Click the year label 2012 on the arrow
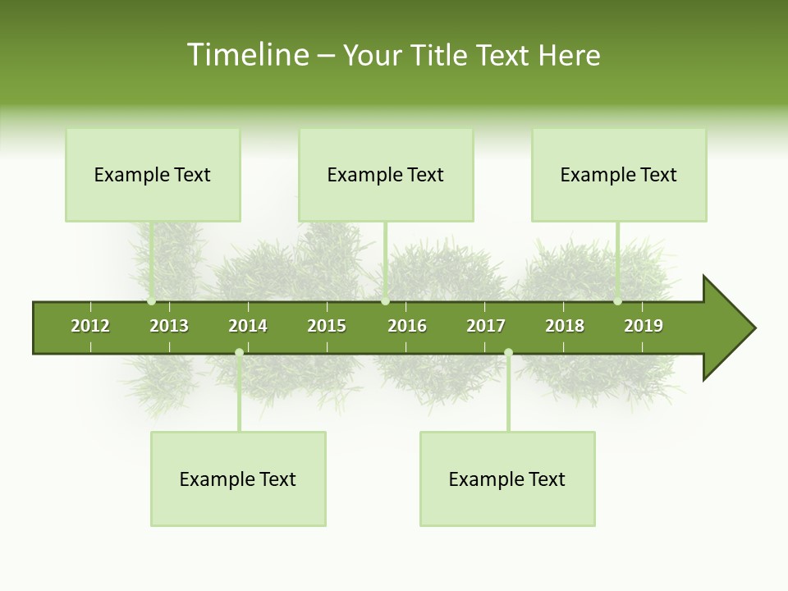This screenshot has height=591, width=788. pyautogui.click(x=90, y=326)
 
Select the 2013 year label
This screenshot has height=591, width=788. pyautogui.click(x=169, y=326)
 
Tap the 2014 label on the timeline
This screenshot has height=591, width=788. pyautogui.click(x=248, y=326)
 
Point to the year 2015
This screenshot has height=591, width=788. pyautogui.click(x=327, y=326)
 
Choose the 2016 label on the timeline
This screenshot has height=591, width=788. pyautogui.click(x=407, y=326)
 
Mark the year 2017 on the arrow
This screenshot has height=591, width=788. pyautogui.click(x=486, y=326)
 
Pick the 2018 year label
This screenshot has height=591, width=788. pyautogui.click(x=565, y=326)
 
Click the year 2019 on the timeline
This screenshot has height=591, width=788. pyautogui.click(x=644, y=326)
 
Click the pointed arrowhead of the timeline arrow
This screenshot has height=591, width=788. pyautogui.click(x=731, y=328)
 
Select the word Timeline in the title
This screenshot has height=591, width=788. pyautogui.click(x=247, y=55)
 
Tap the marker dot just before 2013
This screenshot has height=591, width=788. pyautogui.click(x=152, y=301)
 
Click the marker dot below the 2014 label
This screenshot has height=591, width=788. pyautogui.click(x=239, y=353)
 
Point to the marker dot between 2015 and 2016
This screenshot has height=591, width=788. pyautogui.click(x=385, y=301)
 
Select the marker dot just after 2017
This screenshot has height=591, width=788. pyautogui.click(x=508, y=353)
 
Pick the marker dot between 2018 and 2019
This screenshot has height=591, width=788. pyautogui.click(x=617, y=301)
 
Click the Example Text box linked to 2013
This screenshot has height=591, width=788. pyautogui.click(x=153, y=175)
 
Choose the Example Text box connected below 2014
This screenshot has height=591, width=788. pyautogui.click(x=238, y=479)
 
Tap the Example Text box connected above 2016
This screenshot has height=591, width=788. pyautogui.click(x=386, y=175)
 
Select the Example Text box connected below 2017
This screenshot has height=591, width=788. pyautogui.click(x=507, y=479)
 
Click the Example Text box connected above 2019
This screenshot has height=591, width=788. pyautogui.click(x=619, y=175)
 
